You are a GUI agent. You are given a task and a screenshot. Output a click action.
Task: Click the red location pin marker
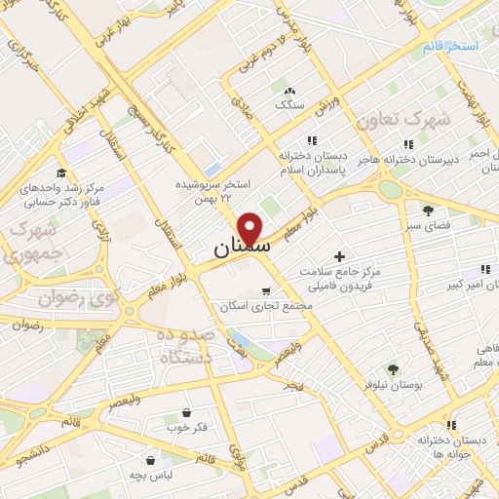point(251,227)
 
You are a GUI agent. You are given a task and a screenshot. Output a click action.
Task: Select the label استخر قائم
point(449,46)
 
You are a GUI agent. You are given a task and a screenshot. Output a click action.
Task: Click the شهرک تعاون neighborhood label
point(403,120)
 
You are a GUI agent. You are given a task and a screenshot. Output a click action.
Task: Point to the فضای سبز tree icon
point(428,210)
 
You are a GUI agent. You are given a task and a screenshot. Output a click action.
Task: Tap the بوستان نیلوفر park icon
point(393,368)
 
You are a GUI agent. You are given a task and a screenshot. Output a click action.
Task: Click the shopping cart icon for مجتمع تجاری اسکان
point(267,291)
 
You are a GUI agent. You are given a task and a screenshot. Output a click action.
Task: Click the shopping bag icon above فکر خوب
point(186,412)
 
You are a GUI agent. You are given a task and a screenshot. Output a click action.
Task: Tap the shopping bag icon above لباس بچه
point(151,458)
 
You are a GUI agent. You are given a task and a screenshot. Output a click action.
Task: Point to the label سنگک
point(289,103)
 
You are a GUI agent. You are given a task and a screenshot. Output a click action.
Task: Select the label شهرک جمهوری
point(26,243)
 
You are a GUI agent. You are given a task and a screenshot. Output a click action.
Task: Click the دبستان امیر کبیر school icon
point(485,269)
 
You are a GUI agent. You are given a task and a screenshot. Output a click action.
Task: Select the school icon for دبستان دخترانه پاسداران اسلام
point(312,141)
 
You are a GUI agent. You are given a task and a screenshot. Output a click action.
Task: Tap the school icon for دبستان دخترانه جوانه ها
point(450,425)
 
